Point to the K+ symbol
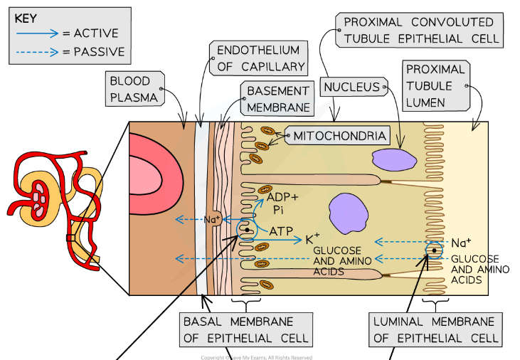312,240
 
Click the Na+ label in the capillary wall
211,220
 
